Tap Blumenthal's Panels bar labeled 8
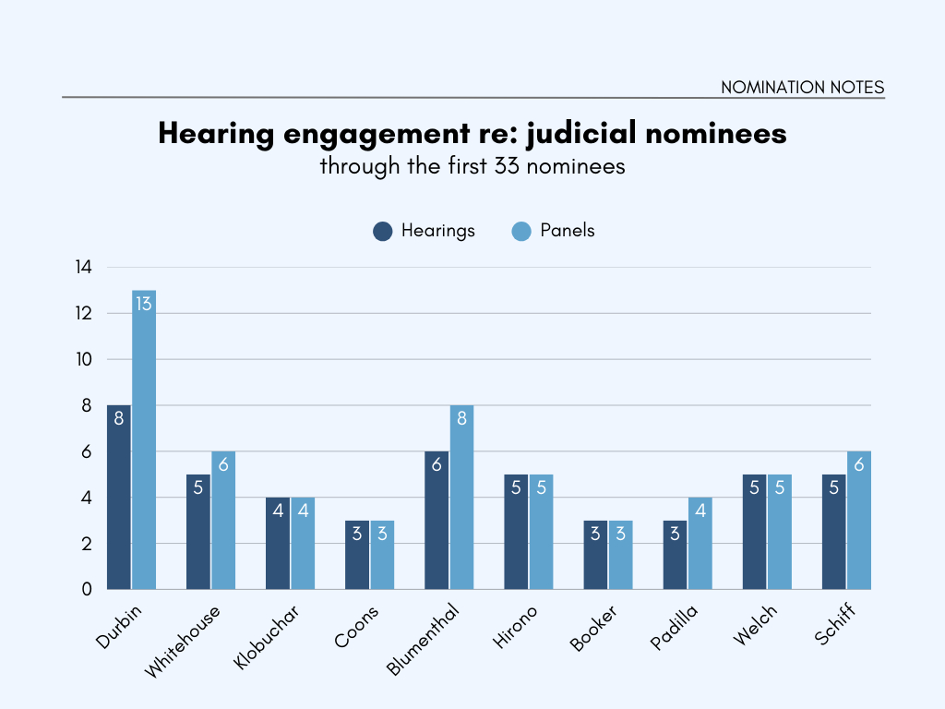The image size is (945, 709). [462, 503]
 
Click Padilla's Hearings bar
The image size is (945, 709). [675, 559]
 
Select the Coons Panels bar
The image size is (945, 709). [382, 559]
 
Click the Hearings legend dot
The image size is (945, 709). [383, 231]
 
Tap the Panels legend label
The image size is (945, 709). [567, 231]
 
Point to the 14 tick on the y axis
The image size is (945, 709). [84, 268]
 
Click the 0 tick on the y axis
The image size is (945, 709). [87, 589]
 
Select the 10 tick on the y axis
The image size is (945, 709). [84, 359]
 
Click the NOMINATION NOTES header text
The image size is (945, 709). [802, 88]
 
